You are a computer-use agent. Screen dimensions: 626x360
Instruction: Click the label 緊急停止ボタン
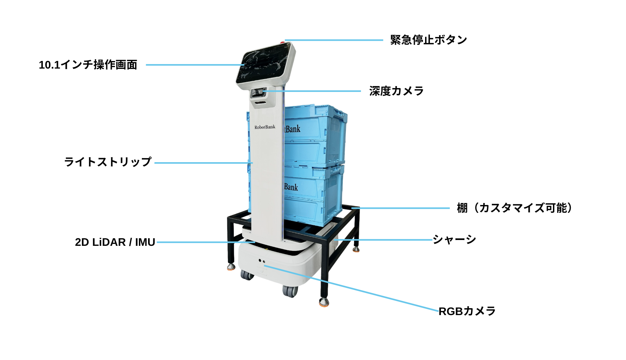point(429,40)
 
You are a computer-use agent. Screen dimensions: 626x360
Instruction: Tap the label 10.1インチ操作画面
point(88,64)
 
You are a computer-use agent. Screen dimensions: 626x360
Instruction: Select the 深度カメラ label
point(397,91)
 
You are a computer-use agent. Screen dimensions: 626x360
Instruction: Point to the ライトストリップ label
point(108,162)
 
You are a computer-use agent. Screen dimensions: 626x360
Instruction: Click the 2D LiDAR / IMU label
point(115,242)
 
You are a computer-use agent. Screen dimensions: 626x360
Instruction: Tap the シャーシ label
point(454,239)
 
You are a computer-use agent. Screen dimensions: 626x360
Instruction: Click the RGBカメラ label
point(467,311)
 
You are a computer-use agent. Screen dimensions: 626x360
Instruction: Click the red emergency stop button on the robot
point(282,42)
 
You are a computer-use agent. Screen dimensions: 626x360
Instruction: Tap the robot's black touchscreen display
point(266,64)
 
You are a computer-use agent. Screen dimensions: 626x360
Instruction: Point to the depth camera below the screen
point(258,93)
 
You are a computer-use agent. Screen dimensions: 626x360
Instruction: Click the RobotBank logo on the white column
point(265,127)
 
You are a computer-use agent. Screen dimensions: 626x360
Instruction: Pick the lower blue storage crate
point(313,195)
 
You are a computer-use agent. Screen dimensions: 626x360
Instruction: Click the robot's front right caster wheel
point(290,291)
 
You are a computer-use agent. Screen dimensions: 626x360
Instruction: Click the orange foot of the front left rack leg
point(231,266)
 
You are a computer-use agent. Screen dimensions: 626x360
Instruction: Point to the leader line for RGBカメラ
point(351,288)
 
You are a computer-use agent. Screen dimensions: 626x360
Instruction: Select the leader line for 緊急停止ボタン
point(334,40)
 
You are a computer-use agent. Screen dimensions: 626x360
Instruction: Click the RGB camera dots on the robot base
point(262,261)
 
